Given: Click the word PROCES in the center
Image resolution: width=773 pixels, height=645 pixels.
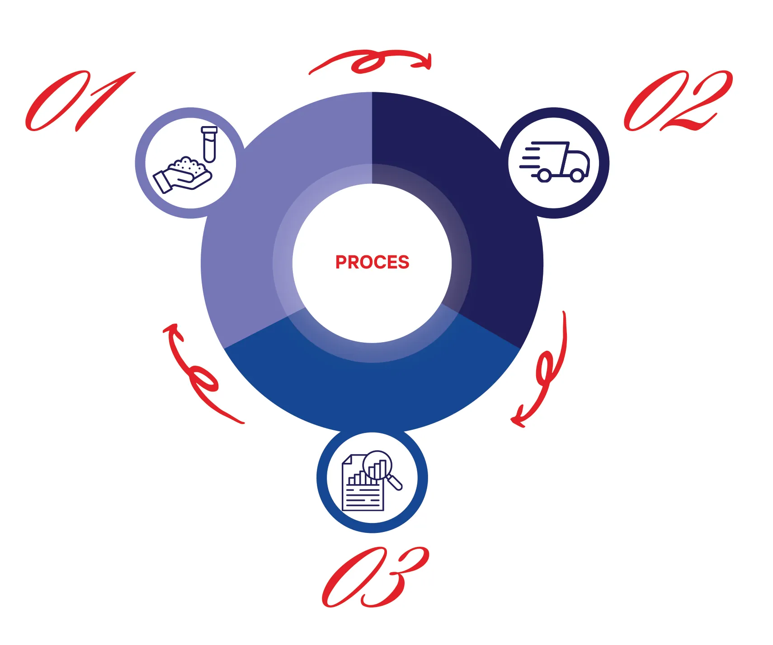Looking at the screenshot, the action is pos(372,262).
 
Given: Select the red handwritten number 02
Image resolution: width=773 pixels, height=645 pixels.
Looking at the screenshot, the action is pos(678,101).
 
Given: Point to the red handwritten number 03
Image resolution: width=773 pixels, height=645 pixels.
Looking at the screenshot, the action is pos(375,577).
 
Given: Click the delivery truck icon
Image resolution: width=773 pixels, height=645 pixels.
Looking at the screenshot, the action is pos(555,162).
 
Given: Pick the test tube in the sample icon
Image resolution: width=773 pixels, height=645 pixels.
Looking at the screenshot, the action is pos(209,144).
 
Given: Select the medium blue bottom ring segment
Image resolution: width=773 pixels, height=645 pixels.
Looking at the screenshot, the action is pos(372,389).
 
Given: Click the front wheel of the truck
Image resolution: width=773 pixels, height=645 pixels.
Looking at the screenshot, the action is pos(577,175).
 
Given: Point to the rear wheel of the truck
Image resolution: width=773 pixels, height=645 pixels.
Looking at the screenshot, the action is pos(544,175).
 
